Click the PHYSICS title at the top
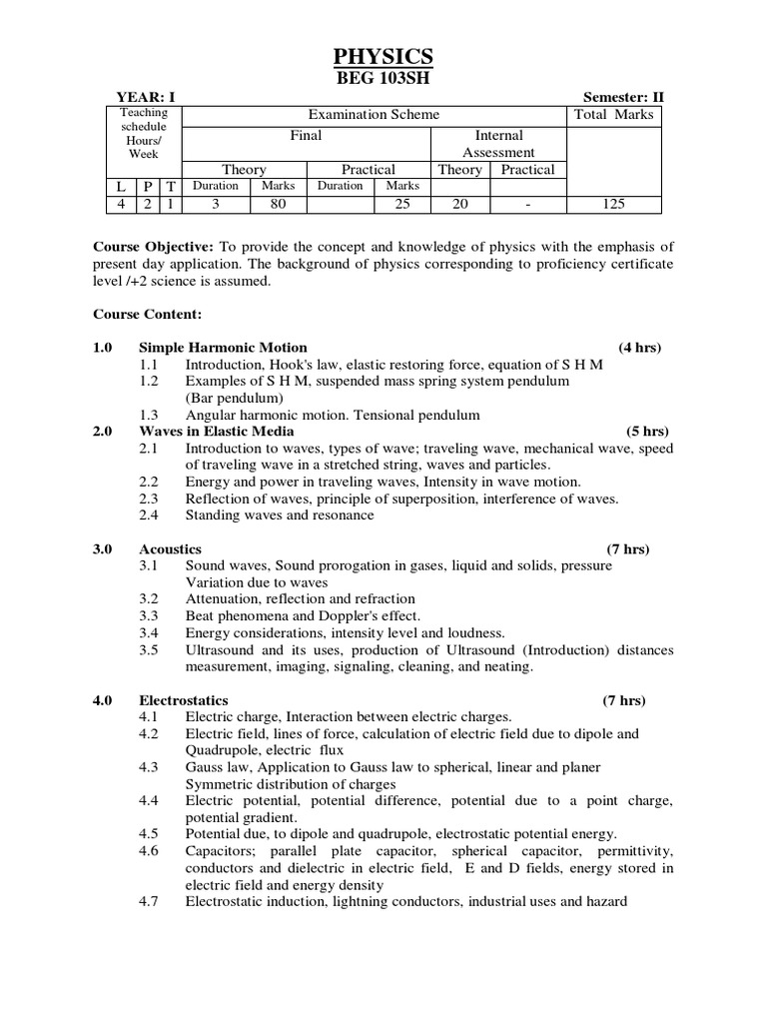tap(383, 56)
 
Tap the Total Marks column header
tap(613, 115)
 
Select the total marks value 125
tap(613, 204)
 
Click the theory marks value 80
tap(277, 204)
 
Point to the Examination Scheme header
tap(375, 115)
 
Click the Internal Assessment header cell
tap(498, 144)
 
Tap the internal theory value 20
tap(459, 204)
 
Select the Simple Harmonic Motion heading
tap(223, 347)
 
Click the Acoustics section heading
tap(170, 548)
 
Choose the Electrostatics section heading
tap(184, 700)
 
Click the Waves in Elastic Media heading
tap(217, 431)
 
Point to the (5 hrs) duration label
tap(647, 431)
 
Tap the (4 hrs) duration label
tap(639, 347)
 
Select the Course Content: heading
tap(147, 313)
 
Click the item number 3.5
tap(150, 649)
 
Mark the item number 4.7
tap(150, 901)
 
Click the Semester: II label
tap(623, 97)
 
